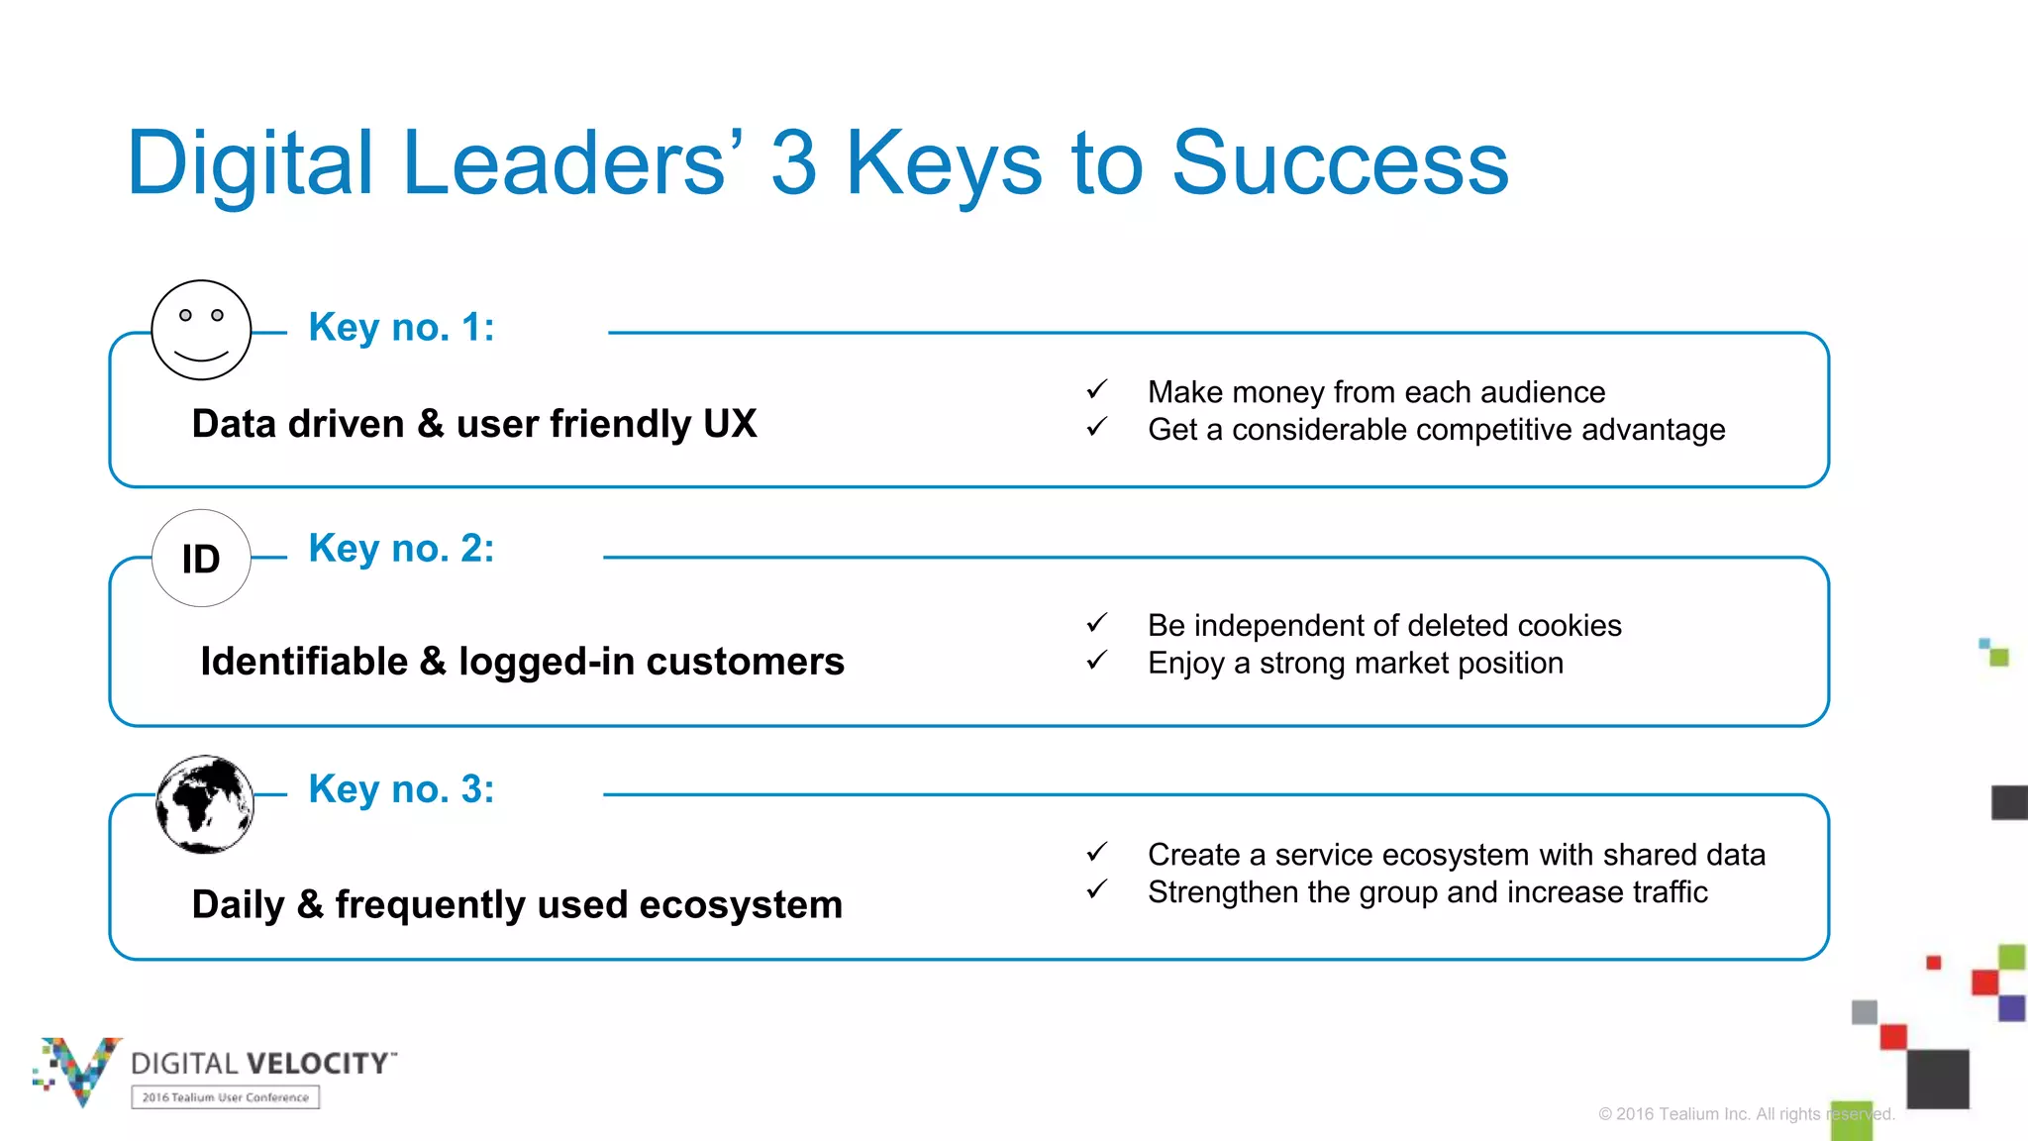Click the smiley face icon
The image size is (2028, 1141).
click(201, 330)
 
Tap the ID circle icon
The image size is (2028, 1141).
click(201, 559)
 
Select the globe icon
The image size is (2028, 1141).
click(205, 804)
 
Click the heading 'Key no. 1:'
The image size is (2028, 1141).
click(401, 327)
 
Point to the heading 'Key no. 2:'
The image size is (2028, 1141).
click(401, 548)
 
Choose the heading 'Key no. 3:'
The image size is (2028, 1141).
click(401, 789)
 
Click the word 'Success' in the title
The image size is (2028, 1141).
click(1340, 163)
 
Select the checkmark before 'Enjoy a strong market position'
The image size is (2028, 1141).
click(1096, 661)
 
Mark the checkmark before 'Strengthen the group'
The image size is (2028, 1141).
click(1096, 889)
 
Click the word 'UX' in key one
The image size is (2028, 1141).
click(730, 424)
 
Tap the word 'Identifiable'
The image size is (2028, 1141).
click(304, 662)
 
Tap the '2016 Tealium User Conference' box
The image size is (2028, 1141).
click(225, 1097)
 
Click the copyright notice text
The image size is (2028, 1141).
click(1746, 1114)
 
